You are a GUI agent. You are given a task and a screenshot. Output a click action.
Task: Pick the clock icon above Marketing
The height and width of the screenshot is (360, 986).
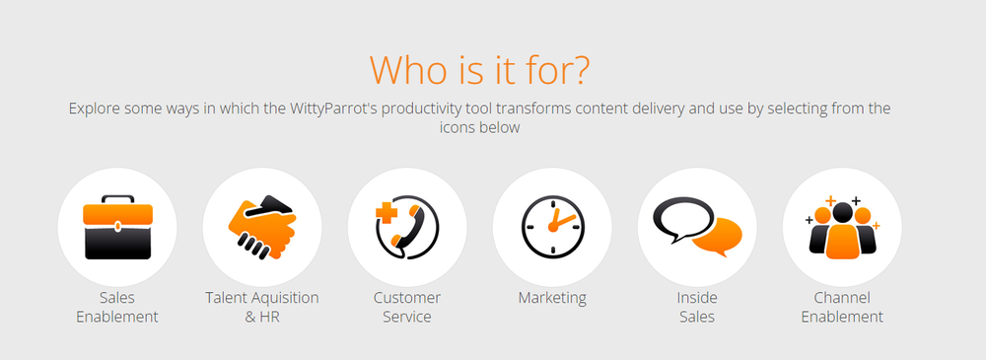click(552, 227)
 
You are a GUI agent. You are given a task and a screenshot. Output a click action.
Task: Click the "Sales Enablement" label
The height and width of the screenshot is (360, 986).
click(117, 307)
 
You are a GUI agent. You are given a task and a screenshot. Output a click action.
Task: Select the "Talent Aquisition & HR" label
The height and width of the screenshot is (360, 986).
click(262, 307)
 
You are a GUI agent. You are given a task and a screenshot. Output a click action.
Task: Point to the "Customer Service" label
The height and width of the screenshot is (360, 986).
click(407, 307)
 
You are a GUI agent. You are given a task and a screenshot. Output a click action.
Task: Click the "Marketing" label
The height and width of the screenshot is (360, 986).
click(552, 297)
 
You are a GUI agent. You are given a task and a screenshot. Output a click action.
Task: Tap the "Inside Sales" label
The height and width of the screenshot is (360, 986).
click(697, 307)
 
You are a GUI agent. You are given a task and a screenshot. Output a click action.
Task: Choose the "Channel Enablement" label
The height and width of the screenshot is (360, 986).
click(842, 307)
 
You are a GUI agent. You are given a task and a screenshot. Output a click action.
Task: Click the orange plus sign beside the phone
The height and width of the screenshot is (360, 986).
click(387, 215)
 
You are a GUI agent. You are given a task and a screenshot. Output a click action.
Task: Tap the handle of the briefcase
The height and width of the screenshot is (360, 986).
click(117, 201)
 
